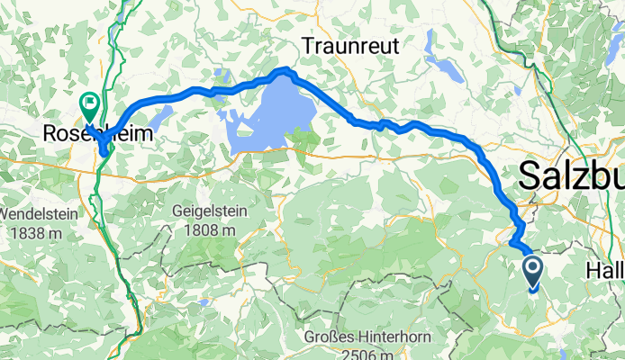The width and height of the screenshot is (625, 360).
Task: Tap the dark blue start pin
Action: [x=532, y=270]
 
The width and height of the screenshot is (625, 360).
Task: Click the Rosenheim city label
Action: [x=97, y=133]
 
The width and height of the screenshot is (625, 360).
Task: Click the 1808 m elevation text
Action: [x=206, y=229]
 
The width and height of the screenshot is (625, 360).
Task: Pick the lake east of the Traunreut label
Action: [x=447, y=67]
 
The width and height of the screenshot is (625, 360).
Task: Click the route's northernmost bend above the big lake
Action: [x=286, y=70]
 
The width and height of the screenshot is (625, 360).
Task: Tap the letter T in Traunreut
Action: [x=307, y=44]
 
